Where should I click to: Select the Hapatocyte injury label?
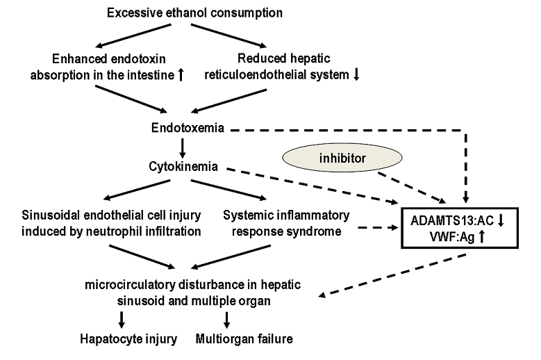coord(126,339)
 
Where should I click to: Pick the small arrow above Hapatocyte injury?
coord(122,319)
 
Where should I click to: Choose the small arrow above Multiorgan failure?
coord(226,319)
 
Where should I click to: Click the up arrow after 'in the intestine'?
coord(181,75)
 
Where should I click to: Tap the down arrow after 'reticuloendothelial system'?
coord(356,75)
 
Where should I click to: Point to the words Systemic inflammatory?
coord(285,216)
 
